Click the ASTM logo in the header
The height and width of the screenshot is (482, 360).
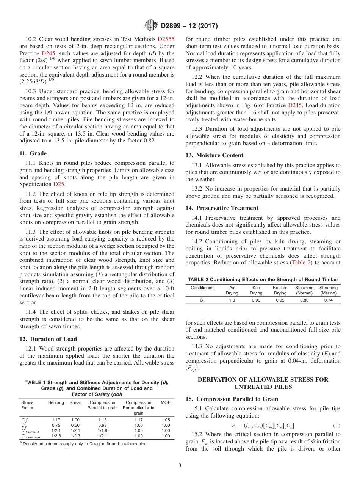[x=151, y=26]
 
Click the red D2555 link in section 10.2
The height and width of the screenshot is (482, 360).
[x=166, y=39]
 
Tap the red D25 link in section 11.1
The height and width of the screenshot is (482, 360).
[x=59, y=184]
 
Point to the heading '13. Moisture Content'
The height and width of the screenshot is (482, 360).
[x=214, y=155]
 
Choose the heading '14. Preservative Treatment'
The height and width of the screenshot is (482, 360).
[x=222, y=208]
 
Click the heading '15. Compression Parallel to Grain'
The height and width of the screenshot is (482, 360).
[x=232, y=399]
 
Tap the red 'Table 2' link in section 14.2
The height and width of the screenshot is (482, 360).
[x=301, y=263]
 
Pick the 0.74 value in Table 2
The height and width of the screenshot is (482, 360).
[x=328, y=300]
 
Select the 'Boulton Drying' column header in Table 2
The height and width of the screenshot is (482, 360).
[x=280, y=290]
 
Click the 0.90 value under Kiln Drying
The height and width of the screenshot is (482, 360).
[x=256, y=300]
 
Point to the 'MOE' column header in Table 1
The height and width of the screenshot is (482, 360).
[x=166, y=402]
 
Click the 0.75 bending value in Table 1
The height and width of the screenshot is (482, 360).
[x=56, y=425]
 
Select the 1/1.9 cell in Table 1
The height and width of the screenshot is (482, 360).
[x=102, y=430]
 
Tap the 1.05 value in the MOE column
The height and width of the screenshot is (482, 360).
[x=166, y=420]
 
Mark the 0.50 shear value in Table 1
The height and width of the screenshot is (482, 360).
[x=75, y=425]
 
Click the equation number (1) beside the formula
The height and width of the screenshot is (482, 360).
[x=337, y=426]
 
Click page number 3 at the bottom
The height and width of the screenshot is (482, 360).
[x=180, y=466]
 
